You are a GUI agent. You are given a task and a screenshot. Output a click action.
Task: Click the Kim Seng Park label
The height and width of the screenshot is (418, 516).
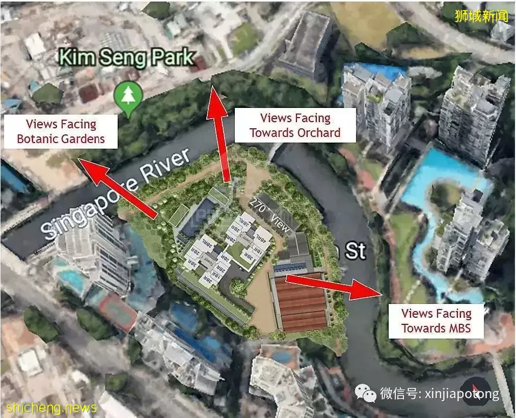pos(126,58)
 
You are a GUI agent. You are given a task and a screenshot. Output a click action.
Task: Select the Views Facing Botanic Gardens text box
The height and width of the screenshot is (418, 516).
pos(61,131)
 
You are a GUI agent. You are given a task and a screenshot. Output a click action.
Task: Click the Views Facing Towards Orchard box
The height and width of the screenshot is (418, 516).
pos(295,125)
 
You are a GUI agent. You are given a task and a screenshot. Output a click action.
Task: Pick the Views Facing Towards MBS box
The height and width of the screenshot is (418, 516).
pos(436,321)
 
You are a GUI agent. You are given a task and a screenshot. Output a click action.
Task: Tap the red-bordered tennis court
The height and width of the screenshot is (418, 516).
pos(118,310)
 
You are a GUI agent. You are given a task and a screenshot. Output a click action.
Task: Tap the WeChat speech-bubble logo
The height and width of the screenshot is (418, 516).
pos(365,393)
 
